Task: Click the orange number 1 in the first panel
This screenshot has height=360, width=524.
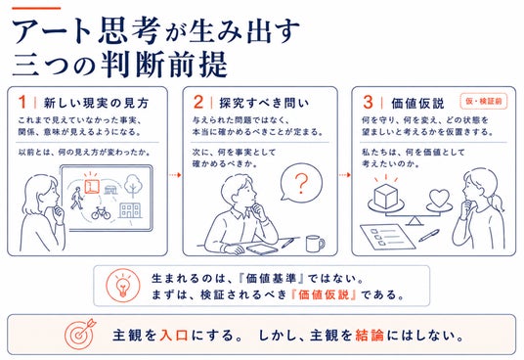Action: click(22, 102)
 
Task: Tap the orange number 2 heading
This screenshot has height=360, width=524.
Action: click(197, 102)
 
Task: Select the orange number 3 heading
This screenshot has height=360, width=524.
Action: click(368, 102)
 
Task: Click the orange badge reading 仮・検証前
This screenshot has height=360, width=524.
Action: click(484, 102)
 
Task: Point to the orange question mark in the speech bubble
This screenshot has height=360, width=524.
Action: click(301, 184)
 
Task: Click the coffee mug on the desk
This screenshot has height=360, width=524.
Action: click(315, 244)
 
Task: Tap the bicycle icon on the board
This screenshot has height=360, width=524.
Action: click(101, 212)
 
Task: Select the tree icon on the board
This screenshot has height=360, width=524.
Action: click(133, 186)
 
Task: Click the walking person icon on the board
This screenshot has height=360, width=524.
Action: click(77, 198)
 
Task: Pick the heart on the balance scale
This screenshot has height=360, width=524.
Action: click(439, 198)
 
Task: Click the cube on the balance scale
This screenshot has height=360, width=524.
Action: click(386, 196)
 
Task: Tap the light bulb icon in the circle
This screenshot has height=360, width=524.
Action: click(122, 286)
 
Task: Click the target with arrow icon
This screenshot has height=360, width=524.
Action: click(80, 334)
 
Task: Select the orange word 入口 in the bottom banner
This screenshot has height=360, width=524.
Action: click(173, 336)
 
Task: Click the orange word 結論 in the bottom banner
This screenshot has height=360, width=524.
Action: click(370, 336)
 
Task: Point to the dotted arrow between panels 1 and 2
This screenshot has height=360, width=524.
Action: click(175, 175)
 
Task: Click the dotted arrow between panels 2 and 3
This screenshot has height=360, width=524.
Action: click(345, 175)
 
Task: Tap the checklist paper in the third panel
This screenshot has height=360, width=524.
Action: click(388, 237)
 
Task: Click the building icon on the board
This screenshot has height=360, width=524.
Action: click(130, 210)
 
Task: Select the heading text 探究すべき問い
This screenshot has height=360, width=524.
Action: click(264, 103)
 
